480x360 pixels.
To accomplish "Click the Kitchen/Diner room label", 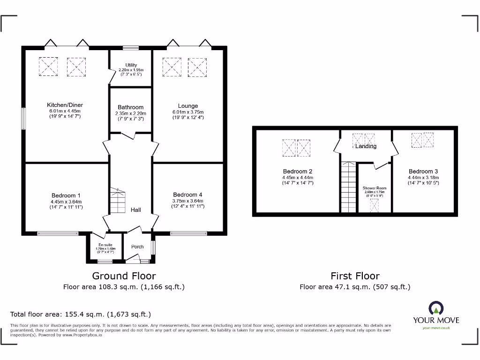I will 65,105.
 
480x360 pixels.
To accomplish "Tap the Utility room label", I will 131,65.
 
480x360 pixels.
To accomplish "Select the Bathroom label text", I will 130,107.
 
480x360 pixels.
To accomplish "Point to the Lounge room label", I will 187,106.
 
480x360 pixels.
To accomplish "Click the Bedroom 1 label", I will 66,195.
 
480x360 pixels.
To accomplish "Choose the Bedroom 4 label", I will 187,195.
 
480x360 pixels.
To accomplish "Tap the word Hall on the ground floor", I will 136,210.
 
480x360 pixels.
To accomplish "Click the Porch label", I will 137,247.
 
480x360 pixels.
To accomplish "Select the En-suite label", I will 104,245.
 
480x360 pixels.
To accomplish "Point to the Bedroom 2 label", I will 298,172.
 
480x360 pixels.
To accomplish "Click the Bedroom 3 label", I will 423,172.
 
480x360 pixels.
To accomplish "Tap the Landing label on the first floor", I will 366,146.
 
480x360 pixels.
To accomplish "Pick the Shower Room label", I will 374,188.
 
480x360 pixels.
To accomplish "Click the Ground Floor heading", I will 124,276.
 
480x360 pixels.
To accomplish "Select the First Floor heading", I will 355,276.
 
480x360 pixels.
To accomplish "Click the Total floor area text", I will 81,315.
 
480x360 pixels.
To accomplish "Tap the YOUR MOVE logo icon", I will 435,308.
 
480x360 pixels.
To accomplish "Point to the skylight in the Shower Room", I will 374,205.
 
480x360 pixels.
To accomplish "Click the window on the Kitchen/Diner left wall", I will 23,118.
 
